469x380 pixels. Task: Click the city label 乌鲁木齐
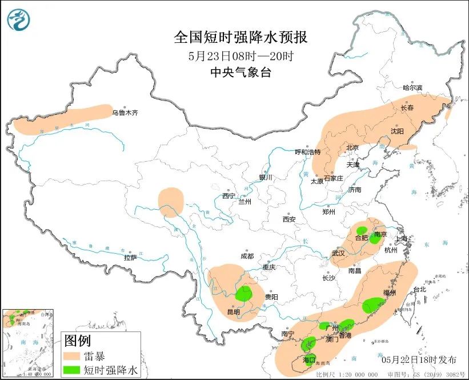pyautogui.click(x=125, y=113)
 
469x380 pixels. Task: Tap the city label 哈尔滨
pyautogui.click(x=412, y=88)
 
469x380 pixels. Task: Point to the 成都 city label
pyautogui.click(x=247, y=257)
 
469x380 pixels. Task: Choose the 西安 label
pyautogui.click(x=288, y=219)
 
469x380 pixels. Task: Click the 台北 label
pyautogui.click(x=419, y=290)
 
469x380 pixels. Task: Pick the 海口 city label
pyautogui.click(x=309, y=360)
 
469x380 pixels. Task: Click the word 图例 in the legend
pyautogui.click(x=78, y=341)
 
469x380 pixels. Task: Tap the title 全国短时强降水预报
pyautogui.click(x=240, y=38)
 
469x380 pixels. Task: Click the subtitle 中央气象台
pyautogui.click(x=240, y=72)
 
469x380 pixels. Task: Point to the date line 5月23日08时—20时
pyautogui.click(x=240, y=55)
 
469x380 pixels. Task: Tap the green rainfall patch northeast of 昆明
pyautogui.click(x=244, y=294)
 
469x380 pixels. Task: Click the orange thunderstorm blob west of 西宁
pyautogui.click(x=171, y=202)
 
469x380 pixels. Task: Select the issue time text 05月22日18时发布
pyautogui.click(x=419, y=359)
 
